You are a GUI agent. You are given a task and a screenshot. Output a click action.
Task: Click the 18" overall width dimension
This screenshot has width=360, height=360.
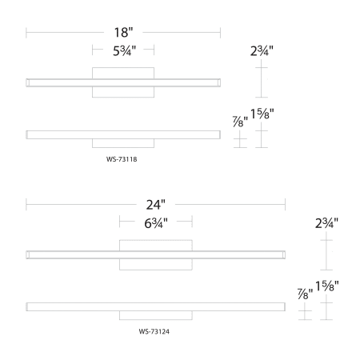point(123,33)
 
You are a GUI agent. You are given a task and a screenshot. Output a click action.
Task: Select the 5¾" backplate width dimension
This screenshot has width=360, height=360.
point(124,50)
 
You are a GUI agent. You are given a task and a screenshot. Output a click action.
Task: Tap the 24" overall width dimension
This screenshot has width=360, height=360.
point(156,205)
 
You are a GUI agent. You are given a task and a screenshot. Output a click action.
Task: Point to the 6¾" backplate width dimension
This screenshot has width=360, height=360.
point(156,223)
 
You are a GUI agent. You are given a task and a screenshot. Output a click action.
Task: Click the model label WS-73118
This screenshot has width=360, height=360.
point(122,159)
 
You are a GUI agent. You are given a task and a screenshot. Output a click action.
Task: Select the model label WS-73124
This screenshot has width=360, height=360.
point(154,331)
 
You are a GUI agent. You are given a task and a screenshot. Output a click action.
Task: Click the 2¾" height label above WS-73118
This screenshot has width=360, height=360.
point(262,50)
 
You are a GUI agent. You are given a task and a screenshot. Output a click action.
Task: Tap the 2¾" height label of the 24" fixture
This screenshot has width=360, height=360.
point(326,223)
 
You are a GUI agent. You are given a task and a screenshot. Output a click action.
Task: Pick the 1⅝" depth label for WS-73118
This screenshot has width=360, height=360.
point(262,114)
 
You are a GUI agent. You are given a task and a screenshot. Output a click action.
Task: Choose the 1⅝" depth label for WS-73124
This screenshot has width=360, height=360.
point(327,286)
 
